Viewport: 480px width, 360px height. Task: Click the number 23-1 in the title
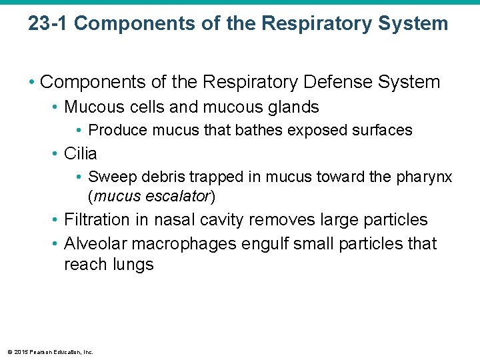coord(47,24)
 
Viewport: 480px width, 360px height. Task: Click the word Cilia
coord(80,153)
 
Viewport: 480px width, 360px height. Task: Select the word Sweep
coord(109,177)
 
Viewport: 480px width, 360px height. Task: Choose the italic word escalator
coord(177,196)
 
